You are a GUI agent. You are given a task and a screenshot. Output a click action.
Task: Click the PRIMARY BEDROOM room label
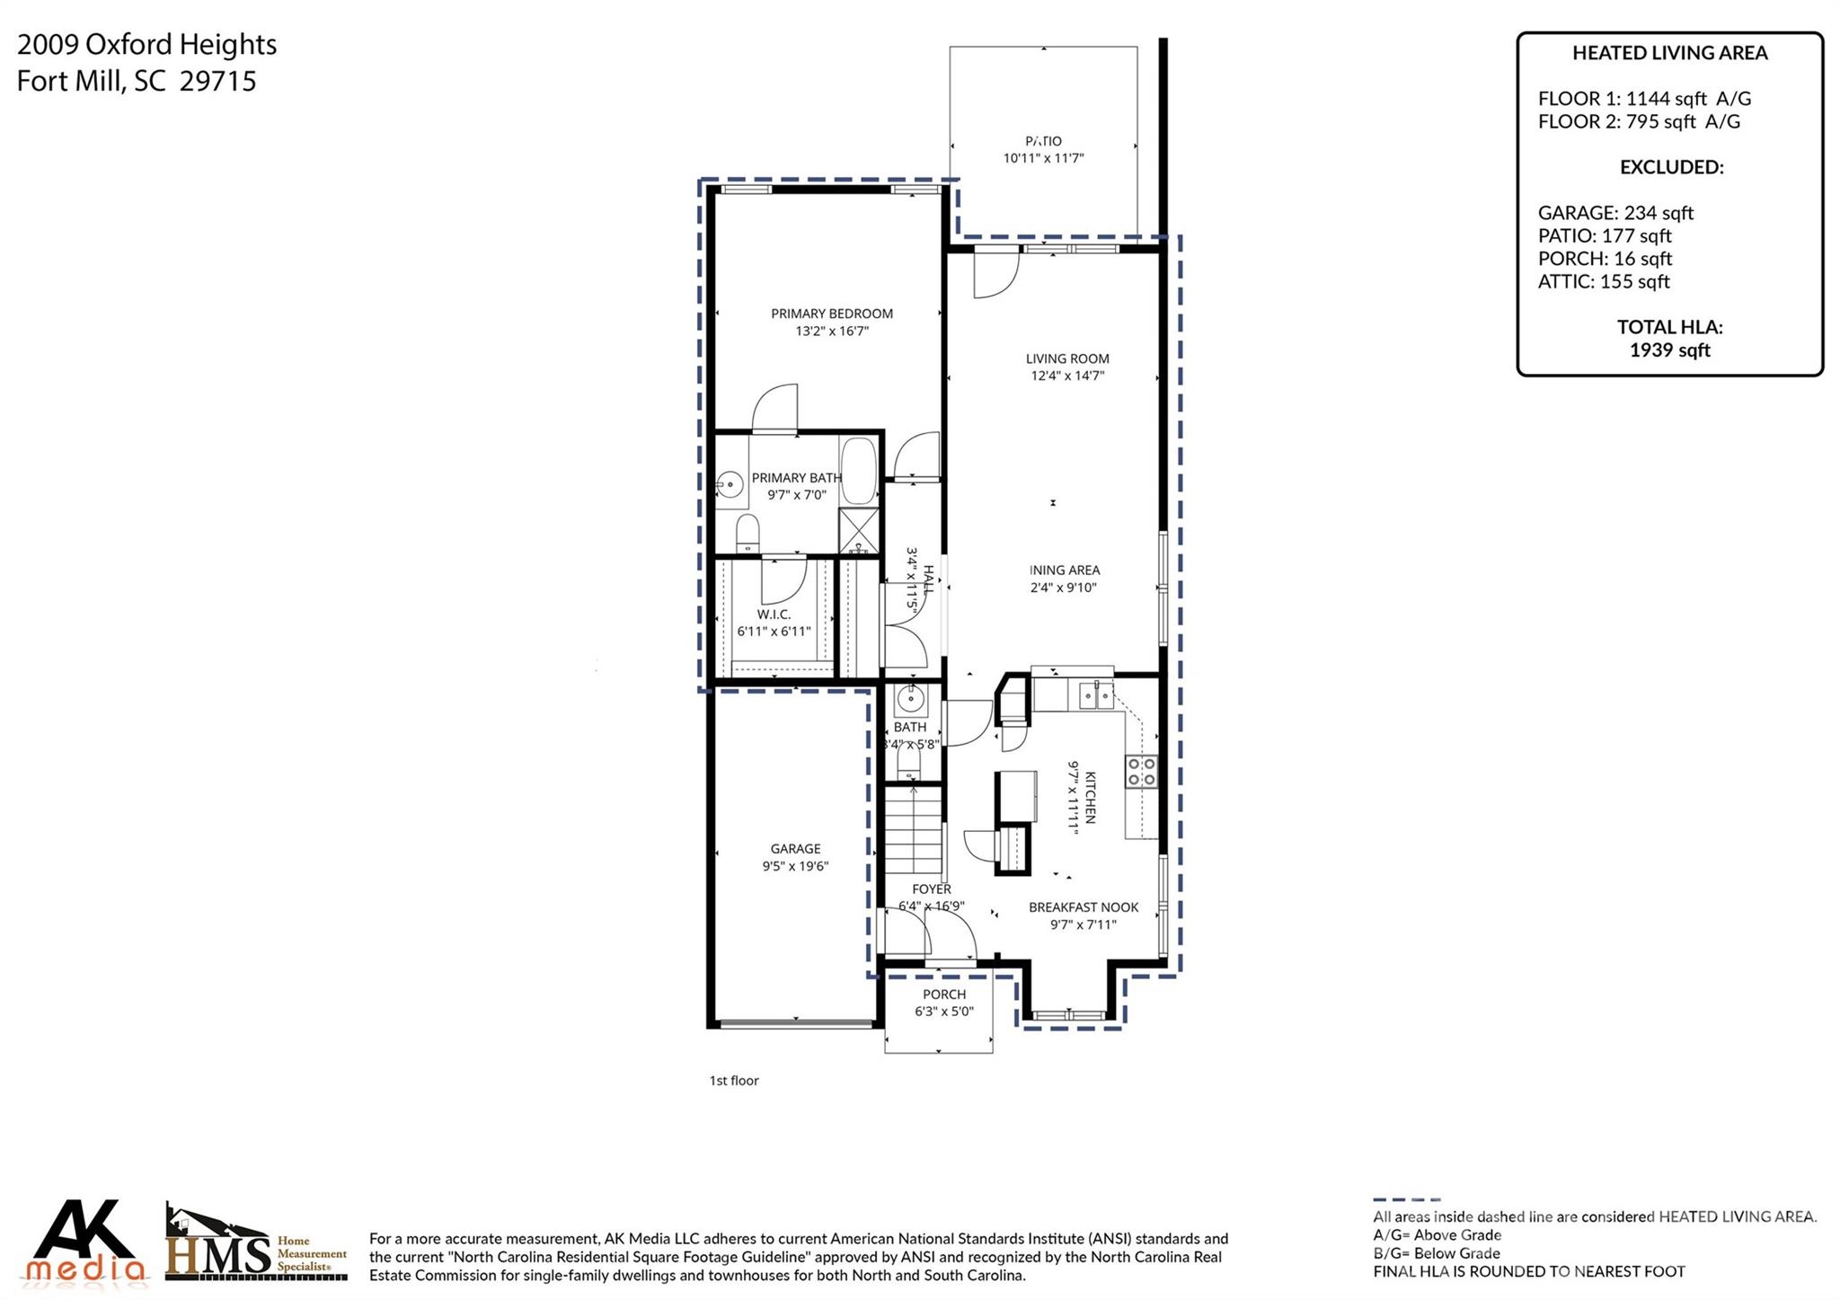(831, 314)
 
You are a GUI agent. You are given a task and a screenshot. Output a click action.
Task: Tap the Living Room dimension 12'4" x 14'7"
(1067, 376)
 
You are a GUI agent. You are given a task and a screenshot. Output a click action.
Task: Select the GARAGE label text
(795, 848)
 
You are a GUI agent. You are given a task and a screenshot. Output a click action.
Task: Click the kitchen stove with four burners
(1142, 771)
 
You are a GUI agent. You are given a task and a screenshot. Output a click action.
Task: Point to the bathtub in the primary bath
(858, 470)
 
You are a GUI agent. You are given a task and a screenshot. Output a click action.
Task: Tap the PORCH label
(944, 995)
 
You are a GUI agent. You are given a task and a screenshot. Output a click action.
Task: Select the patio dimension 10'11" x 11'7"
(1043, 158)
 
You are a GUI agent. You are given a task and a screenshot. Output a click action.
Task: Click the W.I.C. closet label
(774, 615)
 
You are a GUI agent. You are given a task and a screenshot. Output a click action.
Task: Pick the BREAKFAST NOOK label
(1084, 907)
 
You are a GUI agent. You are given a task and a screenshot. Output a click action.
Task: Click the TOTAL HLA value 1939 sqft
(1669, 350)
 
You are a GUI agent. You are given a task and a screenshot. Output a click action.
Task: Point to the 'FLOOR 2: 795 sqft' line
(1639, 121)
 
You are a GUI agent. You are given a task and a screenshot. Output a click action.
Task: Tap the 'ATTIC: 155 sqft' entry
(1604, 281)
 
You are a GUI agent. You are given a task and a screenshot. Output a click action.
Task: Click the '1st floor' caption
(734, 1081)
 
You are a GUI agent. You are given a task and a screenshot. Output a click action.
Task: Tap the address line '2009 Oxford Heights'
(146, 44)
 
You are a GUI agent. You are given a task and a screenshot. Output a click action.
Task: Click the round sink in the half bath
(911, 697)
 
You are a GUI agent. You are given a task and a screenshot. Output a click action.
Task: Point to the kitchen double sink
(1096, 694)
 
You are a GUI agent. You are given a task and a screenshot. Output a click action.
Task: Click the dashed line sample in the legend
(1406, 1199)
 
